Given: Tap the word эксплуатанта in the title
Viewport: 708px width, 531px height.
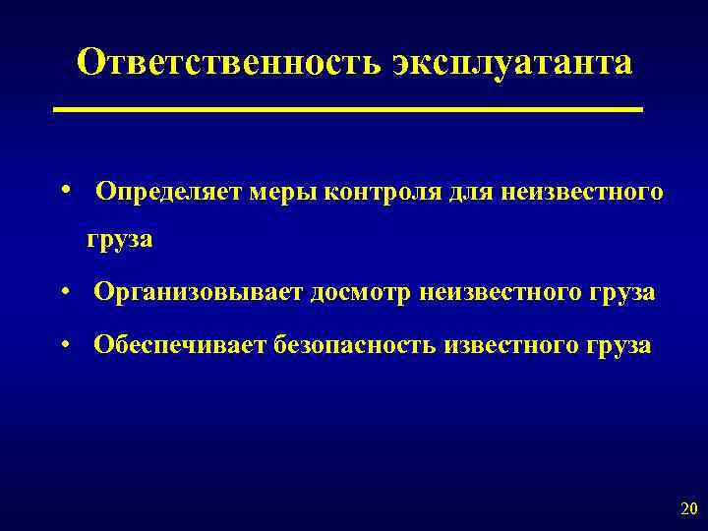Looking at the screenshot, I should (512, 64).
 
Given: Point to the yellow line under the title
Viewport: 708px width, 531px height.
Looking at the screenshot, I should (349, 109).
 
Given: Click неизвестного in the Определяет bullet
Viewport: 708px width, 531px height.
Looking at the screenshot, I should (581, 192).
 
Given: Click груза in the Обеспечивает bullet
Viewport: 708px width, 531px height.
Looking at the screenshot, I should (617, 347).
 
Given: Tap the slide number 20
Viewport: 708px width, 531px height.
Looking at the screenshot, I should (687, 509).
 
